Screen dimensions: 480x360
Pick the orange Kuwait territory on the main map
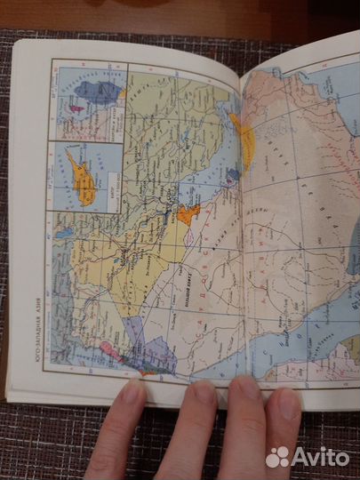(x=188, y=213)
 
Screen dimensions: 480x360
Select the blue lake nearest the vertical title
(x=63, y=234)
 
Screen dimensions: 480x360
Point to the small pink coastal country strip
(x=110, y=348)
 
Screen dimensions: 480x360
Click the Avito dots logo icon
(x=277, y=457)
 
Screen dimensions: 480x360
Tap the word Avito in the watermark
(x=320, y=457)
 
